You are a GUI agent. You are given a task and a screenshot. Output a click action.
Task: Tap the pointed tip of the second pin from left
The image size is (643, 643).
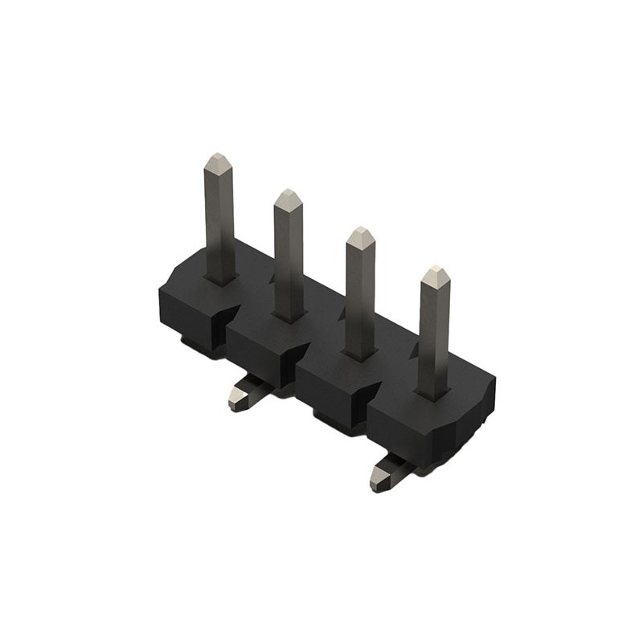click(x=288, y=193)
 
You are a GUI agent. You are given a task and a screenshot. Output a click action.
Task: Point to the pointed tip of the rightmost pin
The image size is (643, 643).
click(x=435, y=270)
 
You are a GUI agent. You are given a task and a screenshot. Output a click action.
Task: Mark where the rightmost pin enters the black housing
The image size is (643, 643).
click(x=432, y=394)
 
